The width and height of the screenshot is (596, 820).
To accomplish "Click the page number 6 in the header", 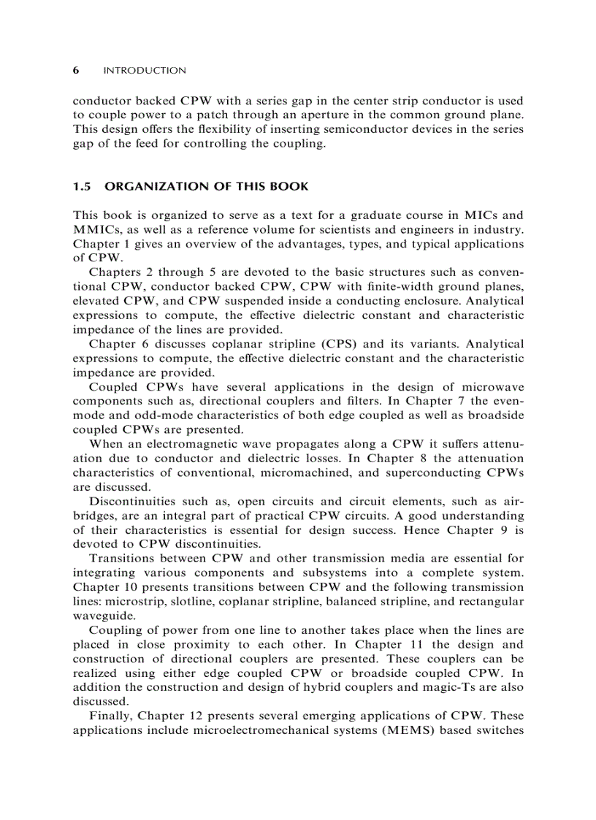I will [76, 71].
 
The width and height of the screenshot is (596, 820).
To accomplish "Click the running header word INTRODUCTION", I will [145, 71].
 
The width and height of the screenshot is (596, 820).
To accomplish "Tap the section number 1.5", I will [83, 186].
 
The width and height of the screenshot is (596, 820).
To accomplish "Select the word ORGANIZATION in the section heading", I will [150, 186].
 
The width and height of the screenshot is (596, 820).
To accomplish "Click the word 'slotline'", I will [197, 602].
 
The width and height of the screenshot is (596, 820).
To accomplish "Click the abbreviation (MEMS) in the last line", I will [402, 730].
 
